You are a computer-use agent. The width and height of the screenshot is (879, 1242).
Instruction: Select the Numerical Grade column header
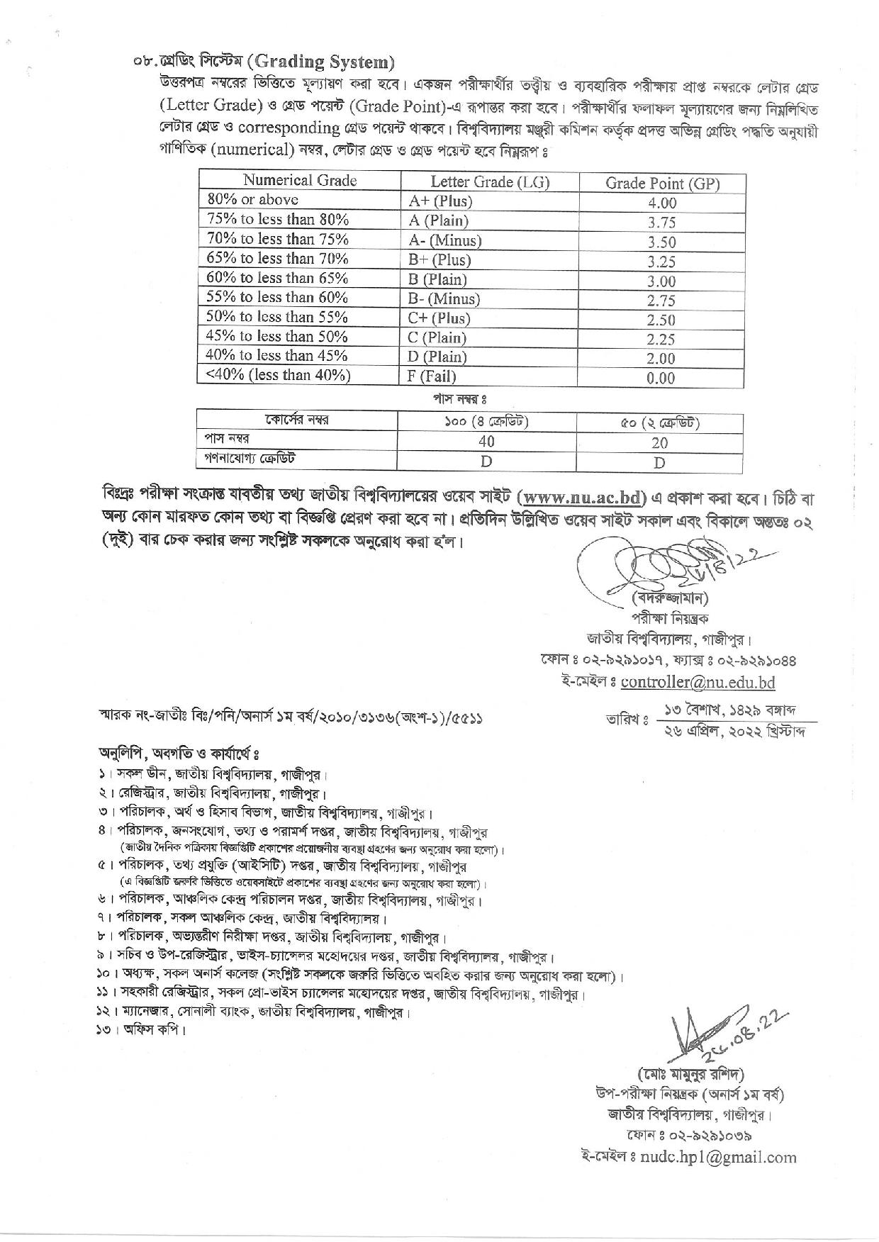click(299, 181)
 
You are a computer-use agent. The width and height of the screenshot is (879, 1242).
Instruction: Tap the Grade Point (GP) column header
click(662, 184)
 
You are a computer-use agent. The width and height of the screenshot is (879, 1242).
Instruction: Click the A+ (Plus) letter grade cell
click(440, 201)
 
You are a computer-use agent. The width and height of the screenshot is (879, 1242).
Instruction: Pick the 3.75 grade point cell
click(661, 223)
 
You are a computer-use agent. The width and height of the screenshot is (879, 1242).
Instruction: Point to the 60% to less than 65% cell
click(277, 278)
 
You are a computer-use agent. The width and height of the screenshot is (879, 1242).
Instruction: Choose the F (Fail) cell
click(432, 376)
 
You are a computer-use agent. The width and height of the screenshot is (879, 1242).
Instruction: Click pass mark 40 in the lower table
click(486, 442)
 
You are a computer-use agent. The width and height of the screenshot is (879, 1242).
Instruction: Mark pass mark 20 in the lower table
click(659, 443)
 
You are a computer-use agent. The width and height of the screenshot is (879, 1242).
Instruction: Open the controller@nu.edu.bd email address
click(698, 682)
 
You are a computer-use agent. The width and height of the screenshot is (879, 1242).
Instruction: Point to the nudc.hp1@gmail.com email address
click(718, 1157)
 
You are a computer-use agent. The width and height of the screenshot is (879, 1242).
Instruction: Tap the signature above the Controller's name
click(681, 564)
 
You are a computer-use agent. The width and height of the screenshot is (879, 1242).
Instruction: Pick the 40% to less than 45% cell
click(277, 356)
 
